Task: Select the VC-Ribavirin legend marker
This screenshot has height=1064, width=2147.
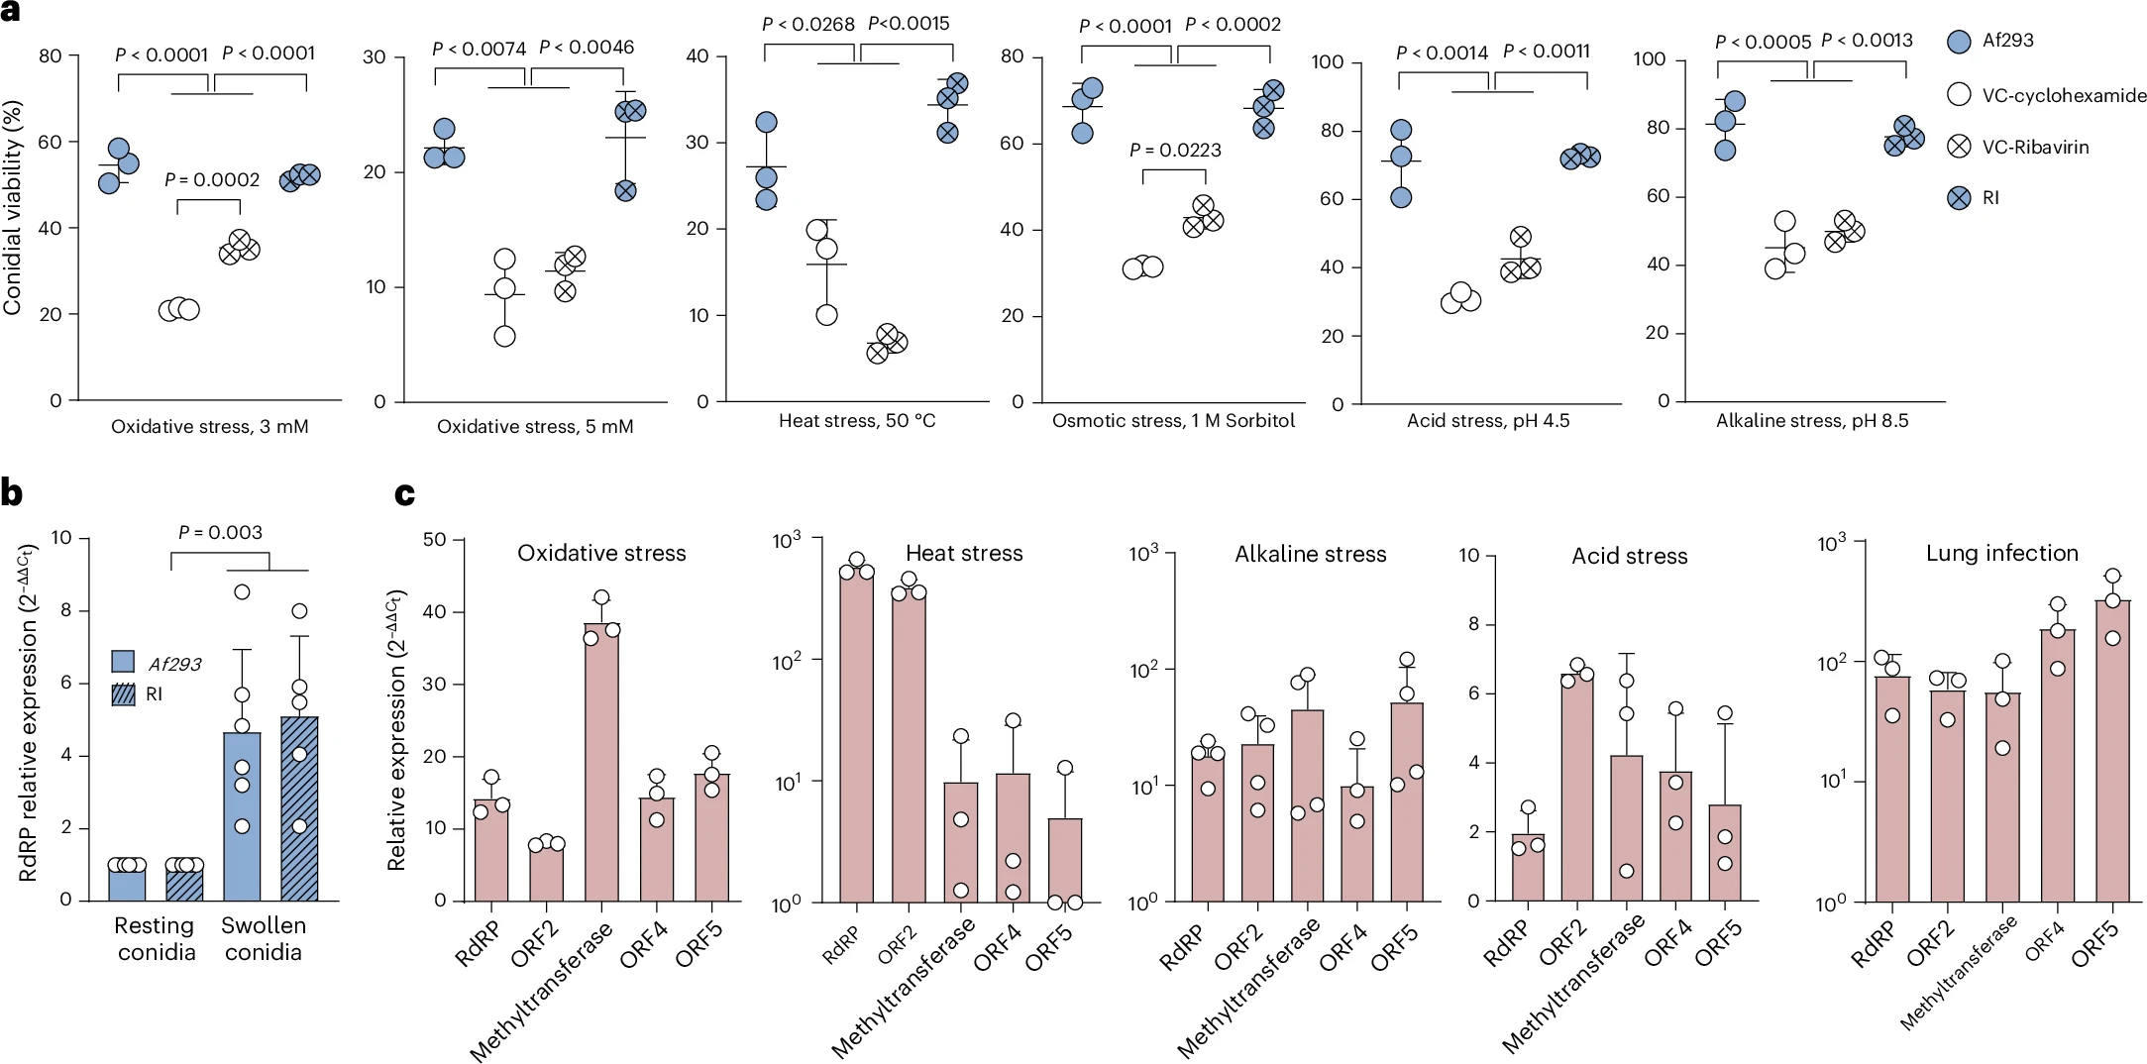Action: [1959, 147]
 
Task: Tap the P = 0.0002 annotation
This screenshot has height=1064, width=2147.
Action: [211, 179]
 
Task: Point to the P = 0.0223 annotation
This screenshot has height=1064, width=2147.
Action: [1175, 150]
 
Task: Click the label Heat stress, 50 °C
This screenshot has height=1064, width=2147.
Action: [856, 420]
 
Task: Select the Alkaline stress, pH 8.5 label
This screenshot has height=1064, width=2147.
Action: [1811, 420]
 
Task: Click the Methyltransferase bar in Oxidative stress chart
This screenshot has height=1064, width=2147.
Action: [601, 763]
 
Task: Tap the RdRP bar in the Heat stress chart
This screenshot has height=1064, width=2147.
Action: [857, 733]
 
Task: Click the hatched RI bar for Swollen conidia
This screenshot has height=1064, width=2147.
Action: [299, 807]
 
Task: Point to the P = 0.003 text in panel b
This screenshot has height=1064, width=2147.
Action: [220, 532]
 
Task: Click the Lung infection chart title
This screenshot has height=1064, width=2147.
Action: [2001, 553]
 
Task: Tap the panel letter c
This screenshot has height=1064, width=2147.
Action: [404, 493]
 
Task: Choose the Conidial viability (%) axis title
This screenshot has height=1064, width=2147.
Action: [13, 211]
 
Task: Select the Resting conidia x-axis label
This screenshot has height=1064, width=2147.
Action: [156, 938]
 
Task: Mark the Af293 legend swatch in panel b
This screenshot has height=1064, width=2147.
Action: [123, 662]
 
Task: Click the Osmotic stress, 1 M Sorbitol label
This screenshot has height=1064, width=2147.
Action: [1173, 420]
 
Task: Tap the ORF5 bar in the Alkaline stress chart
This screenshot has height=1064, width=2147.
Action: [1407, 801]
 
